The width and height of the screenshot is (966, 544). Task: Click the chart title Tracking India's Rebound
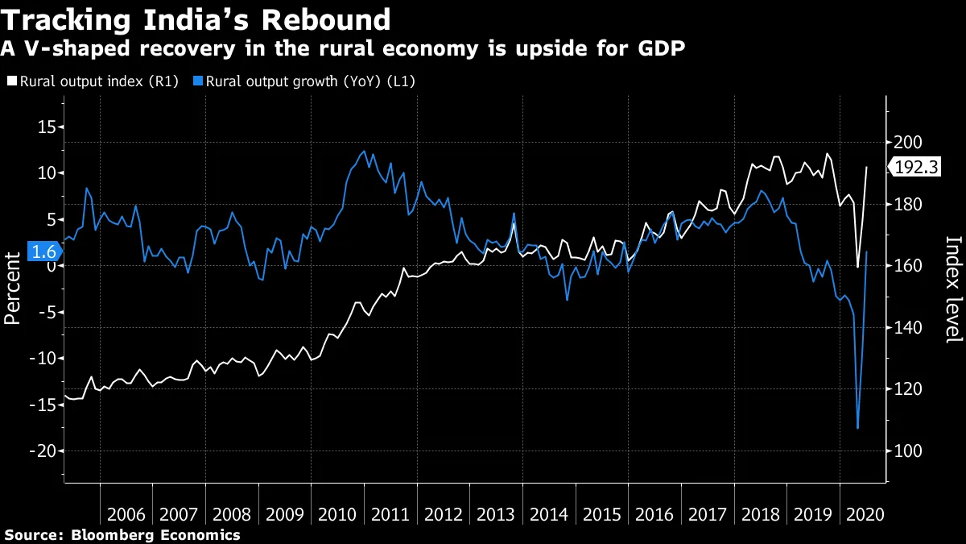(197, 19)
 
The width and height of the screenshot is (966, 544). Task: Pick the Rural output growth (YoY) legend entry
(309, 81)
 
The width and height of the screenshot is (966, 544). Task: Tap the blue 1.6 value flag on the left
(43, 252)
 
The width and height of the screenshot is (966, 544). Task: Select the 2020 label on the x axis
(863, 515)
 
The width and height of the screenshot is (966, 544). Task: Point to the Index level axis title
(953, 289)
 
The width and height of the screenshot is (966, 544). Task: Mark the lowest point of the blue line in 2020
(858, 428)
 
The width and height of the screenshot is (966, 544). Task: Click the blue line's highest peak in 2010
(365, 151)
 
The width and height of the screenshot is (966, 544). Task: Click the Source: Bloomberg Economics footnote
(122, 534)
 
